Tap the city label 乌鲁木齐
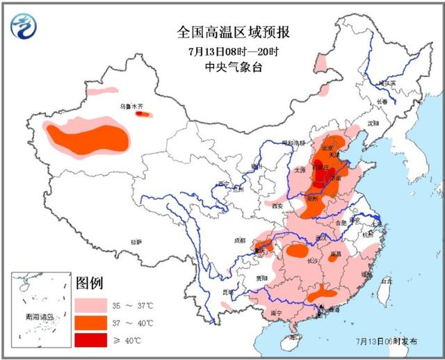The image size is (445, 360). [x=130, y=107]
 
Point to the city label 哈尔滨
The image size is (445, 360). [x=387, y=83]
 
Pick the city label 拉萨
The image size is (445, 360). [x=136, y=242]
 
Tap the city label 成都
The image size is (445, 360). [x=240, y=240]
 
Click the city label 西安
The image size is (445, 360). [x=277, y=206]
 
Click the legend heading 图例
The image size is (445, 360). [x=90, y=283]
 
